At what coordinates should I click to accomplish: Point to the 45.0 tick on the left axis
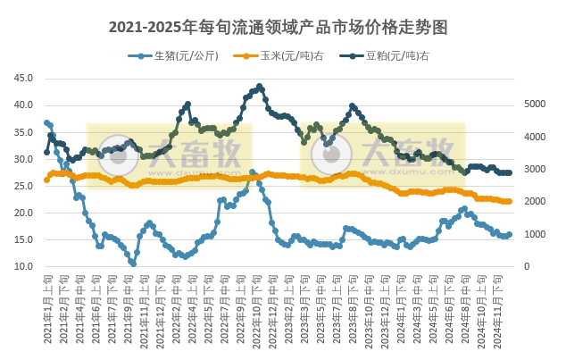click(x=24, y=79)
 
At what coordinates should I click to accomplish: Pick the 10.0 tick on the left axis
click(x=24, y=267)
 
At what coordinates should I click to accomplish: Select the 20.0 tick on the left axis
click(x=24, y=213)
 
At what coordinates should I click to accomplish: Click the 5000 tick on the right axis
click(x=532, y=104)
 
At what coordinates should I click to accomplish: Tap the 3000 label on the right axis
click(x=532, y=169)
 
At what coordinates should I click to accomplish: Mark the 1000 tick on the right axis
click(x=532, y=234)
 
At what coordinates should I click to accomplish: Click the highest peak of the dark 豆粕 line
click(x=260, y=87)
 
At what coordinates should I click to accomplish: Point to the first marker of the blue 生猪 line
click(x=46, y=123)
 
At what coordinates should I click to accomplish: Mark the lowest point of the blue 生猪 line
click(x=133, y=264)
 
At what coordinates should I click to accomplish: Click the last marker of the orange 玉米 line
click(x=509, y=202)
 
